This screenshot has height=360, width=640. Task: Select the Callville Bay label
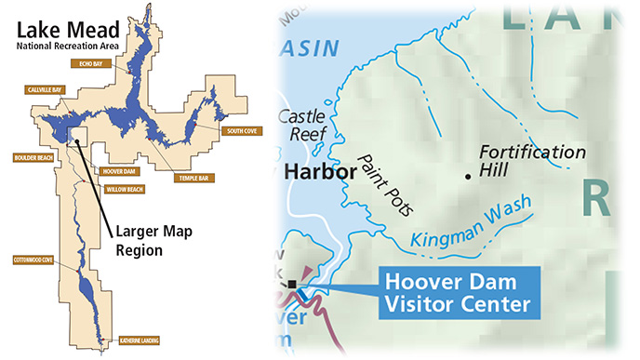(44, 90)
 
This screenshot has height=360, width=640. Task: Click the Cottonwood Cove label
(33, 260)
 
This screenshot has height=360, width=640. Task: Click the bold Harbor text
(321, 172)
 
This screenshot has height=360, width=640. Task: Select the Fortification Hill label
(531, 160)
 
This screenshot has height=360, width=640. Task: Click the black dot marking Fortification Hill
(467, 174)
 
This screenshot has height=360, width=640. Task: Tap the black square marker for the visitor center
(292, 284)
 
